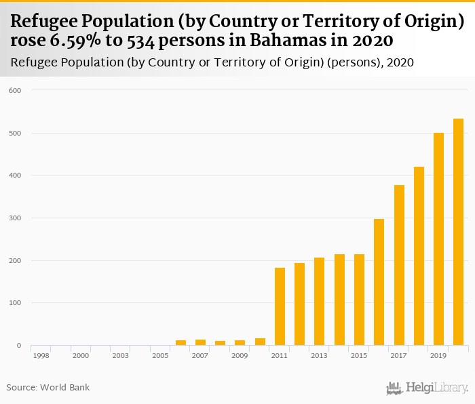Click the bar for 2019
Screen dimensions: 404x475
(438, 239)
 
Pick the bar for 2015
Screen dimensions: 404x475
(359, 300)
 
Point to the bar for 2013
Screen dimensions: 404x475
(319, 302)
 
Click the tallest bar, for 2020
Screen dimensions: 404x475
(458, 232)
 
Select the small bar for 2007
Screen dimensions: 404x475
(200, 342)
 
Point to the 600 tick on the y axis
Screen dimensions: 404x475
(15, 90)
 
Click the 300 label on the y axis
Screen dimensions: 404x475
(15, 218)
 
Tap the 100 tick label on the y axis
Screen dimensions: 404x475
(15, 303)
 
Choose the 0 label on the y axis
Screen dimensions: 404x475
(19, 346)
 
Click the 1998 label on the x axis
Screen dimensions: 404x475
(41, 355)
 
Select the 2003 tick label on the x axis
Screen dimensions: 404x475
(121, 355)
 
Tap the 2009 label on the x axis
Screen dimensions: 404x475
(240, 355)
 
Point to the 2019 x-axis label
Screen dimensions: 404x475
(438, 355)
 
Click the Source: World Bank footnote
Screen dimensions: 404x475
(48, 388)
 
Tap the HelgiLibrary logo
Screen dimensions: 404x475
(427, 388)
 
